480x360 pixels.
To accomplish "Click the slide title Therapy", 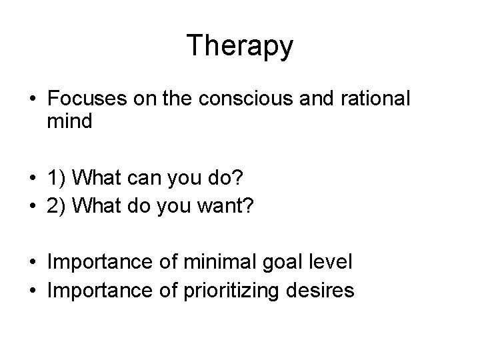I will coord(239,46).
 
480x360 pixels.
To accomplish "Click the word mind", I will coord(69,122).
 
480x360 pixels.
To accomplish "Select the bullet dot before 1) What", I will coord(33,178).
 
